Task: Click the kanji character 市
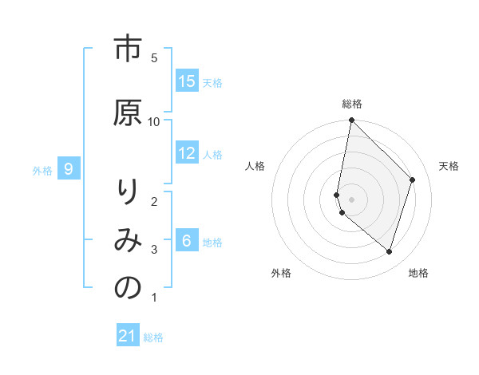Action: click(127, 49)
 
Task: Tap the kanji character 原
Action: click(127, 112)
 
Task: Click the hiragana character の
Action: click(127, 289)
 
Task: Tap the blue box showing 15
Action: click(187, 81)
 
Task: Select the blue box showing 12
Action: click(187, 153)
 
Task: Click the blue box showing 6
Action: click(187, 241)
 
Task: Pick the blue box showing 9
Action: click(69, 169)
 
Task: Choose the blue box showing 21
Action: click(128, 336)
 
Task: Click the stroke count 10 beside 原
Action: click(154, 121)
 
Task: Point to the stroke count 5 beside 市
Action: click(154, 58)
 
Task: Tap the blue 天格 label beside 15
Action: click(212, 82)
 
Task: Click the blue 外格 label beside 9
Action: click(42, 170)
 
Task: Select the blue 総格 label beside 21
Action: click(153, 337)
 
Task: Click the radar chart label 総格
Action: click(352, 104)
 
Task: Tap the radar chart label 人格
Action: click(255, 165)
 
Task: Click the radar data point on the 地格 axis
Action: click(390, 251)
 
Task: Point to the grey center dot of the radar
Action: click(352, 199)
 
